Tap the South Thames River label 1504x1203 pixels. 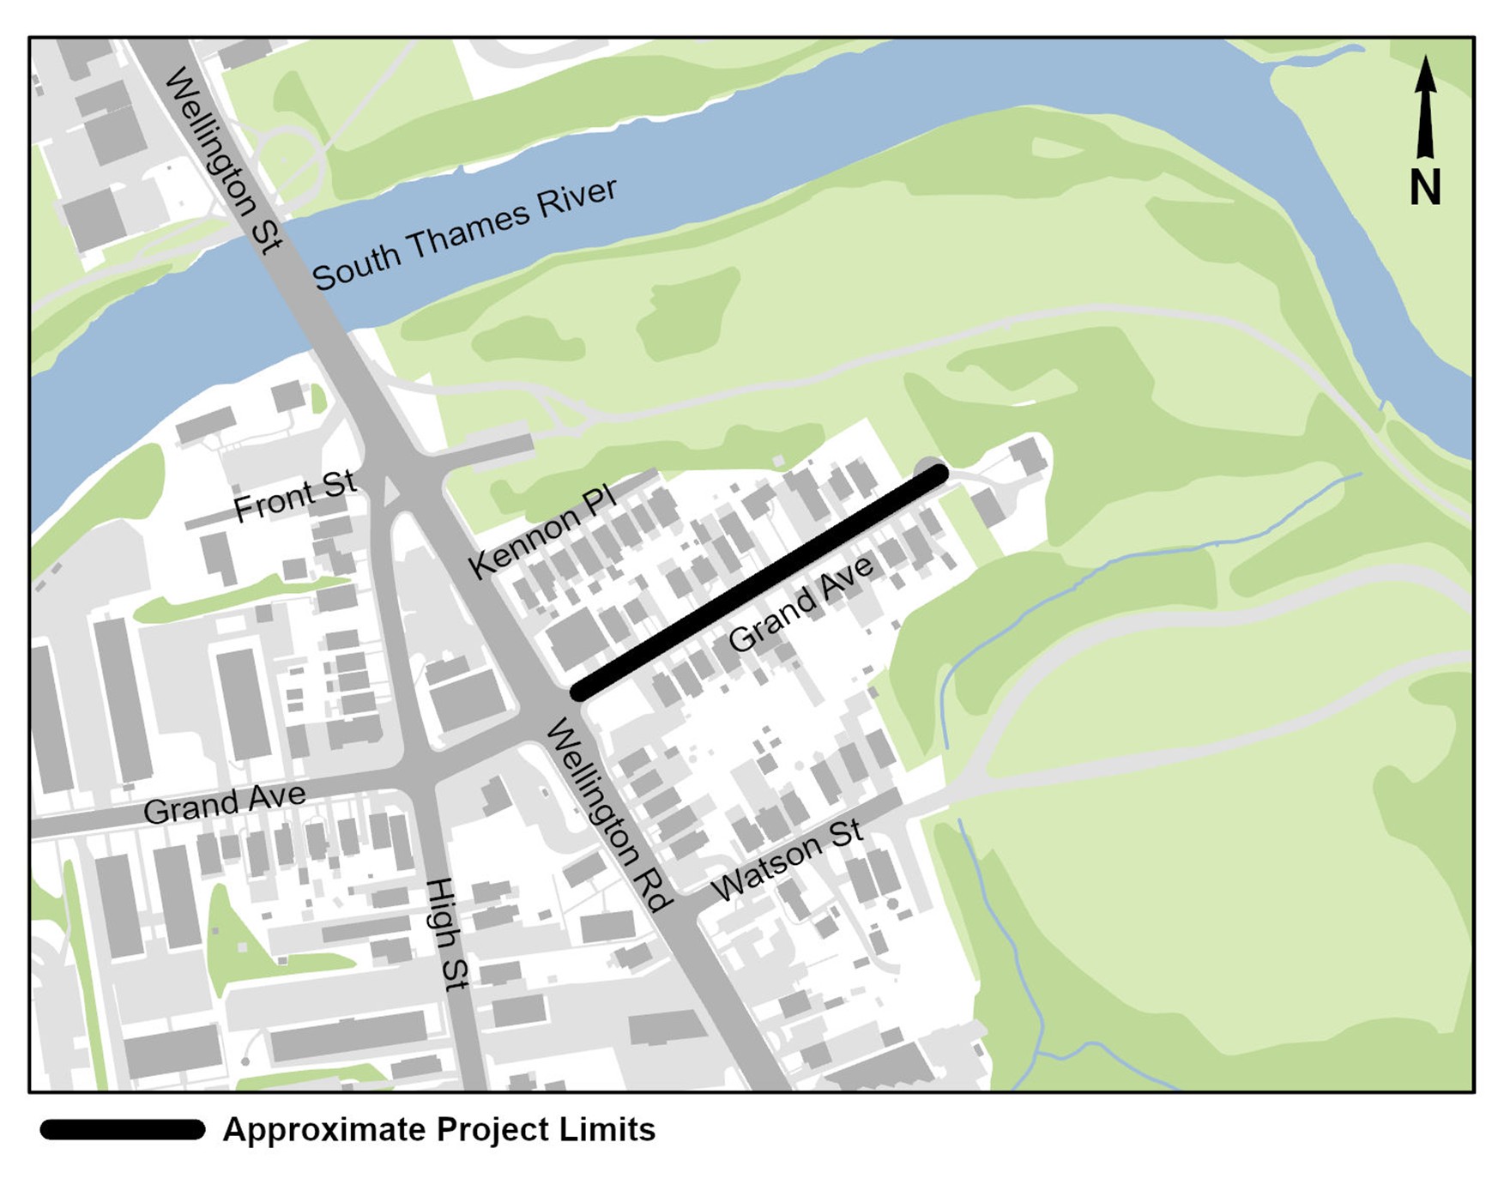pos(464,234)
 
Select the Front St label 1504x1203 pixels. pos(294,496)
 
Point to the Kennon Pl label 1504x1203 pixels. pos(541,532)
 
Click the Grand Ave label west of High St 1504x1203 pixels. pos(224,803)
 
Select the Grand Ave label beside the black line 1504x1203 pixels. pos(800,602)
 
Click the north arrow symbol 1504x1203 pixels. pos(1425,108)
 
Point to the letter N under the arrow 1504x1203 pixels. pos(1425,187)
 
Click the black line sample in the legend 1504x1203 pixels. pos(123,1130)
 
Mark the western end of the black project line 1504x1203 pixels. pos(581,691)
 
